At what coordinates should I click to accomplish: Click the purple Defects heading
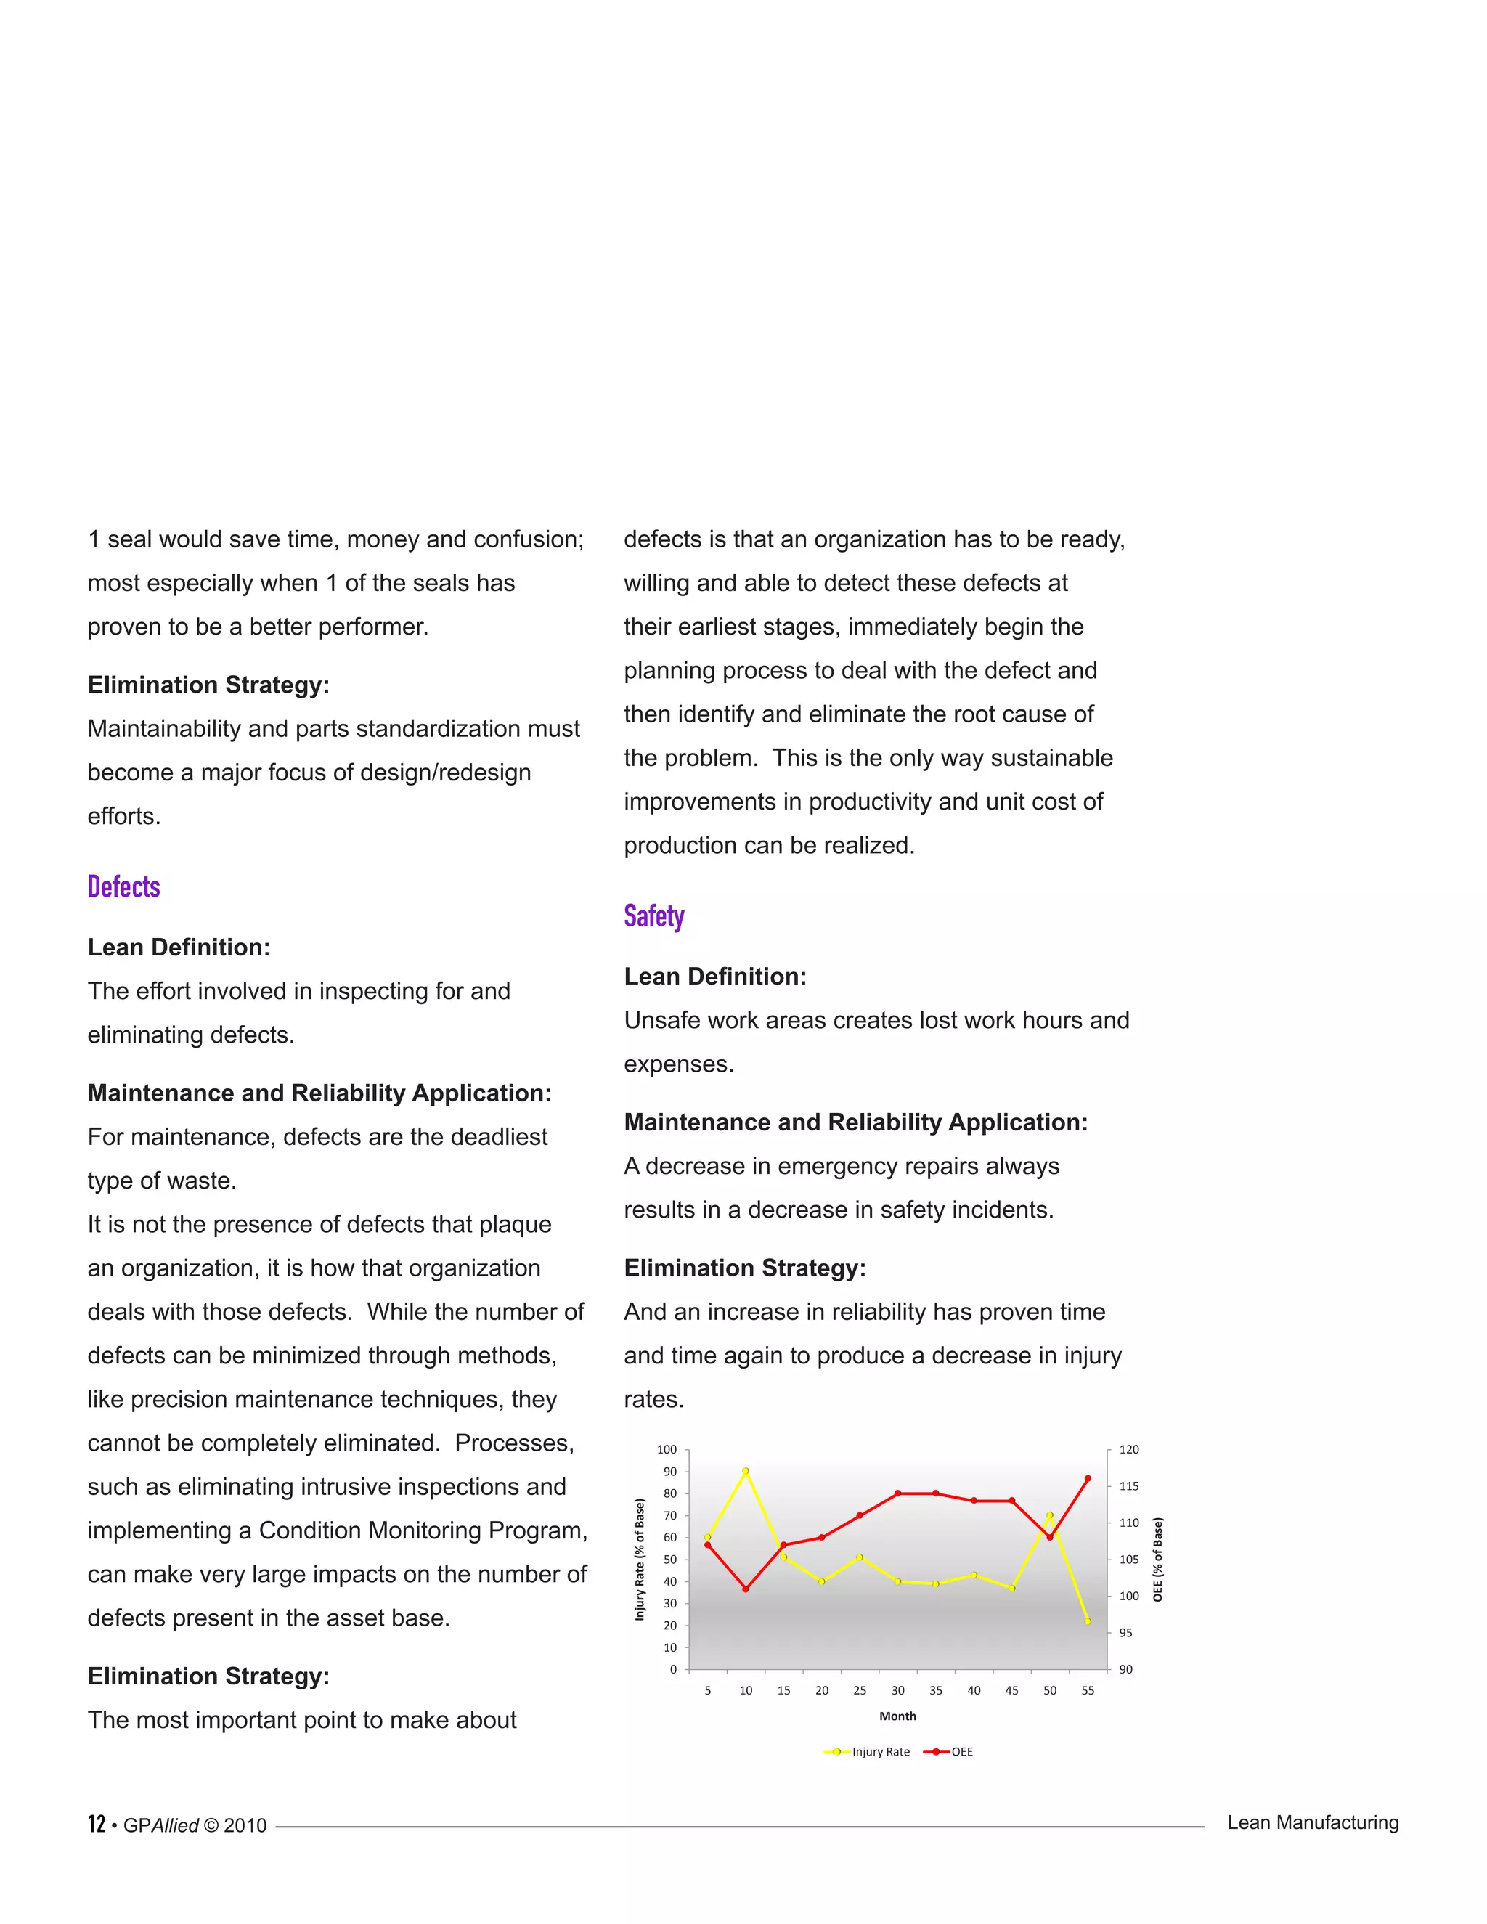pyautogui.click(x=123, y=887)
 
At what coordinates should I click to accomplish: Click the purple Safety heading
pyautogui.click(x=653, y=916)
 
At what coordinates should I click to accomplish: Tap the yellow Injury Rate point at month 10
pyautogui.click(x=745, y=1471)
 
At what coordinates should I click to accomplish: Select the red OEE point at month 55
pyautogui.click(x=1088, y=1478)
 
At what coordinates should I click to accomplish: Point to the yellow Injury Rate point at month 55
pyautogui.click(x=1088, y=1621)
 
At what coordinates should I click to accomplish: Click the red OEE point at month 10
pyautogui.click(x=745, y=1589)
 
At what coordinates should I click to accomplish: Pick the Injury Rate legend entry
pyautogui.click(x=867, y=1751)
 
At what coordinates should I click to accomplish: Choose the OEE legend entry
pyautogui.click(x=949, y=1751)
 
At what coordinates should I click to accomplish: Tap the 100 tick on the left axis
pyautogui.click(x=667, y=1449)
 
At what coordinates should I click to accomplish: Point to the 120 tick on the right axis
pyautogui.click(x=1128, y=1449)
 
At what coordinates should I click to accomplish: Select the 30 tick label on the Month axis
pyautogui.click(x=897, y=1689)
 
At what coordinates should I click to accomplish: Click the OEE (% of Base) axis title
pyautogui.click(x=1157, y=1560)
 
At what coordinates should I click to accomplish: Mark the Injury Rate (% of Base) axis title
pyautogui.click(x=640, y=1560)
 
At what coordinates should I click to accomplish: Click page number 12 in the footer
pyautogui.click(x=96, y=1824)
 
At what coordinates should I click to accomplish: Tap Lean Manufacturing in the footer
pyautogui.click(x=1313, y=1822)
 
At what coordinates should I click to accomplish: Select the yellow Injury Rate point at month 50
pyautogui.click(x=1049, y=1515)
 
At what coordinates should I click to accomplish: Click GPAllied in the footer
pyautogui.click(x=161, y=1825)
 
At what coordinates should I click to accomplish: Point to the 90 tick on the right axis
pyautogui.click(x=1126, y=1668)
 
